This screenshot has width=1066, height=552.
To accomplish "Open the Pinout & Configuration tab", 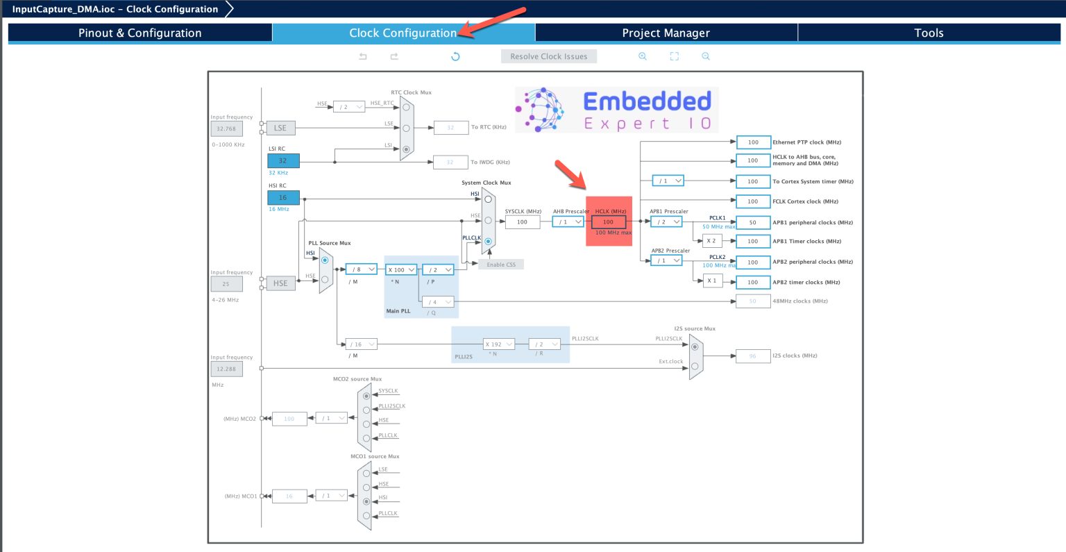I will click(139, 33).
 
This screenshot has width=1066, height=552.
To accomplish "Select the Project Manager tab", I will click(666, 33).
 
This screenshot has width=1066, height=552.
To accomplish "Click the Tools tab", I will click(929, 33).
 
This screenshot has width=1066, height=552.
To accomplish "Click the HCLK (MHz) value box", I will click(609, 222).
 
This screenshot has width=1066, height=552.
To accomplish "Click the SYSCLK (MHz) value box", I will click(522, 222).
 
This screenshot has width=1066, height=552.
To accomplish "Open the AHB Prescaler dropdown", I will click(568, 222).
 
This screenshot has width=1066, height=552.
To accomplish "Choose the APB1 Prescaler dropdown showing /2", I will click(666, 222).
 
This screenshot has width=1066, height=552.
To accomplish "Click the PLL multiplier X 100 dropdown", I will click(400, 269).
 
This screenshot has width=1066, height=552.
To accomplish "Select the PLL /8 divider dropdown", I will click(361, 269).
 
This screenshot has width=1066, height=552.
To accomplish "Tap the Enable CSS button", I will click(500, 265).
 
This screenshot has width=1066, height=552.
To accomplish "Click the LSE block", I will click(280, 128).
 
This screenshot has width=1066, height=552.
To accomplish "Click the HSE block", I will click(280, 283).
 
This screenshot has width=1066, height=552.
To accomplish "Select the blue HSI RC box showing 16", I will click(283, 198).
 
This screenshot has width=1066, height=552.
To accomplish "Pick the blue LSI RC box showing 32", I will click(283, 160).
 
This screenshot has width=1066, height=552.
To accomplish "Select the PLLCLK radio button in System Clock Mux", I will click(489, 242).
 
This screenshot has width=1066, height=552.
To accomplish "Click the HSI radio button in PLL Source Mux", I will click(325, 260).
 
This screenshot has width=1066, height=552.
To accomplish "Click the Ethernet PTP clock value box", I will click(753, 142).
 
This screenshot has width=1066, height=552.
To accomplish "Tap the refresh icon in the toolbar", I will click(455, 56).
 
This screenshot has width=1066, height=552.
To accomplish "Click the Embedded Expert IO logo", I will click(616, 110).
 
